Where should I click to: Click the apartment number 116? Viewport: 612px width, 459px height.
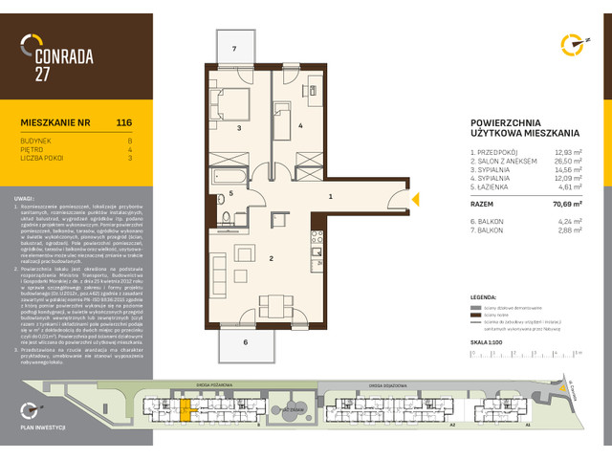pos(123,122)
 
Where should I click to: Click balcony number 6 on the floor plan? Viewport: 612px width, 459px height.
pos(245,341)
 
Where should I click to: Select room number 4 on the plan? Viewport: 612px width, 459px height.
pos(299,125)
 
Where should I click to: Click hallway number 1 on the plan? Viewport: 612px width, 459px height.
pos(331,196)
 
